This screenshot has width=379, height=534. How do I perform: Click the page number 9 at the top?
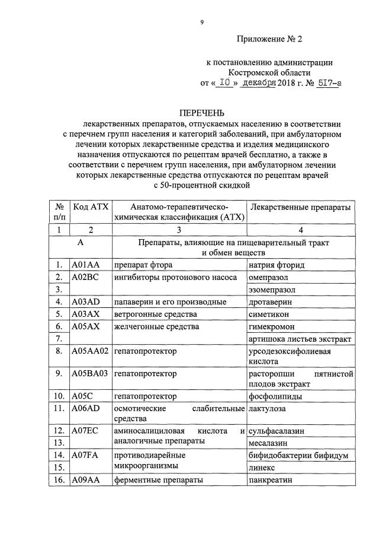point(201,22)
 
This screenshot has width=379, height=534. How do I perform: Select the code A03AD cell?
point(86,302)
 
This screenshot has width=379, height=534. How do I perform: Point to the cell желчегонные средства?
point(156,326)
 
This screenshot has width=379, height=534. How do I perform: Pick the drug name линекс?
point(262,468)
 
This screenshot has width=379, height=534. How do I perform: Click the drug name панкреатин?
point(271,480)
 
